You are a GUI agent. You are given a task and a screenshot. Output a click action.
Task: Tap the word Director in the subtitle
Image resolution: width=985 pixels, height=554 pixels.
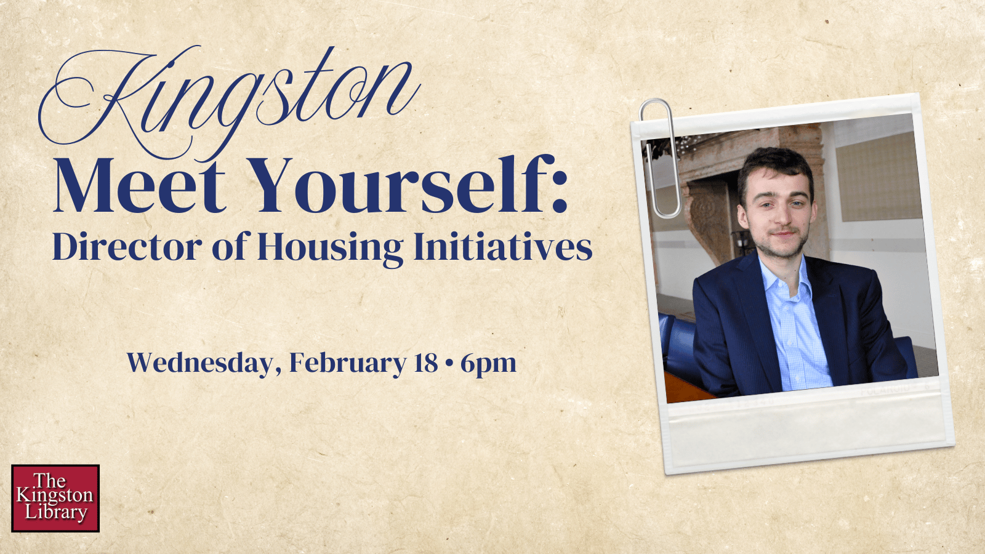[127, 247]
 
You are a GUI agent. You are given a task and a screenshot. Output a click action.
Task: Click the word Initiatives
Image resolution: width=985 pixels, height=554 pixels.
[502, 247]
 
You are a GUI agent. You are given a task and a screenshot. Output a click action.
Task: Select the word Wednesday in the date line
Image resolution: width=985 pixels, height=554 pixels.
[199, 363]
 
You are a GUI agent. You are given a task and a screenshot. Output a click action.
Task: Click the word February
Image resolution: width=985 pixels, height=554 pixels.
[347, 363]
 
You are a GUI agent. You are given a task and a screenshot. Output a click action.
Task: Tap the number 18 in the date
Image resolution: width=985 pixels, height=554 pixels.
[425, 363]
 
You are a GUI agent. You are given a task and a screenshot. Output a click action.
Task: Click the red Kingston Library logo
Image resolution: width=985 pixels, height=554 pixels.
[55, 498]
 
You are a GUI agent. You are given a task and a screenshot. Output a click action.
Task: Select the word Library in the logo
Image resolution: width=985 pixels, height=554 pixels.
[56, 513]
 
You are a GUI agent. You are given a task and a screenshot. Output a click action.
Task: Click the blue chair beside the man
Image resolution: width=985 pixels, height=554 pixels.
[677, 345]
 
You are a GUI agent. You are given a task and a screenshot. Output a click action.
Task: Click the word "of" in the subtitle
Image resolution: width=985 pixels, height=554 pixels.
[229, 247]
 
